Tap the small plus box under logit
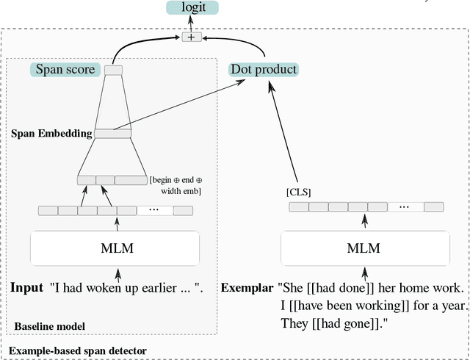(192, 37)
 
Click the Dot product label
(264, 70)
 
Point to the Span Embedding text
(51, 134)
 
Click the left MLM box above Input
(115, 248)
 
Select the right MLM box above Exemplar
(364, 248)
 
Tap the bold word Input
(27, 287)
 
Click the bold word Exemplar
(247, 287)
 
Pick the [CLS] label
(299, 192)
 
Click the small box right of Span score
(113, 70)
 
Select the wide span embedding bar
(112, 134)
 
